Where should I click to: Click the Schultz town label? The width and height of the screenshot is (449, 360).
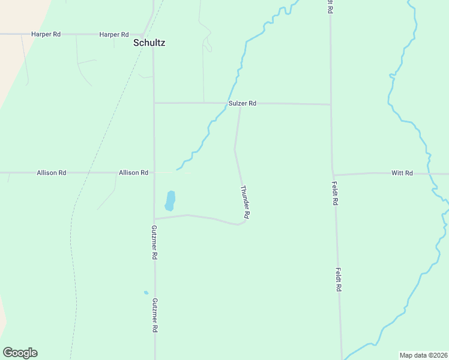pyautogui.click(x=149, y=43)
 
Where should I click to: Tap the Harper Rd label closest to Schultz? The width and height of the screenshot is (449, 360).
pyautogui.click(x=114, y=35)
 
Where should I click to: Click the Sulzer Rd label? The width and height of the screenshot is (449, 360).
pyautogui.click(x=243, y=104)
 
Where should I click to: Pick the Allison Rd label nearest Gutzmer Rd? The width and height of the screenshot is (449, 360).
pyautogui.click(x=133, y=173)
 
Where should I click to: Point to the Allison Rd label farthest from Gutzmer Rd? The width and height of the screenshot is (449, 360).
pyautogui.click(x=51, y=173)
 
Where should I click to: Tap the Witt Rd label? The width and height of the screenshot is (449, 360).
pyautogui.click(x=402, y=173)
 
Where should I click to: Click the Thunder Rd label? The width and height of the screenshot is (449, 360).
pyautogui.click(x=245, y=202)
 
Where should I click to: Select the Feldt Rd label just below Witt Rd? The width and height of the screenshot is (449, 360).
pyautogui.click(x=335, y=194)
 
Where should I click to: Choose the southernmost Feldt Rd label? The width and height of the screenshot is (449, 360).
pyautogui.click(x=339, y=280)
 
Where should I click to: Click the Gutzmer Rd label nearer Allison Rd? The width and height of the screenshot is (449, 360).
pyautogui.click(x=154, y=242)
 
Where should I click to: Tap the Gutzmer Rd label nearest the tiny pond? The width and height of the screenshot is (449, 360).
pyautogui.click(x=154, y=316)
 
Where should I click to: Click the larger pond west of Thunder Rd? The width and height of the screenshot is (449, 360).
pyautogui.click(x=170, y=200)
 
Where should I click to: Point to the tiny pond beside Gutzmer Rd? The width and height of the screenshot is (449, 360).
pyautogui.click(x=146, y=293)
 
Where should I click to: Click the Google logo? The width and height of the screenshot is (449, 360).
pyautogui.click(x=20, y=353)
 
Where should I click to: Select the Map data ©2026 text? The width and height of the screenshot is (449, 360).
pyautogui.click(x=423, y=355)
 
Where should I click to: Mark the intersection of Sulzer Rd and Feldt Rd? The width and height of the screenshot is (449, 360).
pyautogui.click(x=331, y=104)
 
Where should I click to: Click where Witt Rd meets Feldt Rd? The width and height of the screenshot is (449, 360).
pyautogui.click(x=333, y=175)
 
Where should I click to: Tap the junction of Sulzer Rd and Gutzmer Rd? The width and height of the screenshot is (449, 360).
pyautogui.click(x=154, y=103)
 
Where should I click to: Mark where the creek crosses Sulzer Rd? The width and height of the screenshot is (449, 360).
pyautogui.click(x=226, y=103)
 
